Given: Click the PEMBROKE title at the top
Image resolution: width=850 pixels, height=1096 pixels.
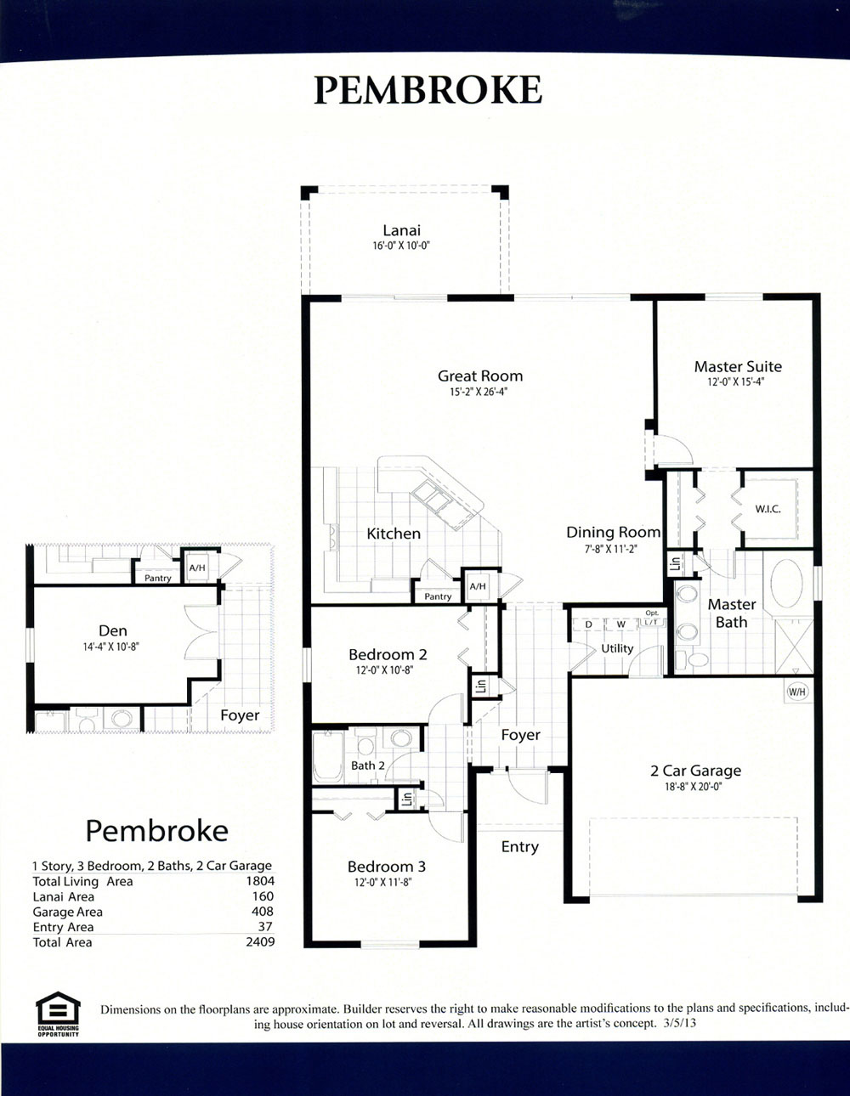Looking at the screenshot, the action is click(428, 90).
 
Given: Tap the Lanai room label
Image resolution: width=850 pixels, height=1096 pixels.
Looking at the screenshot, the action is click(401, 230).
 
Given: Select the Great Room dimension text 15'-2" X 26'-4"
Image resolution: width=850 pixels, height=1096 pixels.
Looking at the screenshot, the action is click(479, 392).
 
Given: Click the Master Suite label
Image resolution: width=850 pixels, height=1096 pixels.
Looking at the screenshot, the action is click(738, 367).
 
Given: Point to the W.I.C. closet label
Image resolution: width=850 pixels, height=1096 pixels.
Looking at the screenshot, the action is click(768, 510).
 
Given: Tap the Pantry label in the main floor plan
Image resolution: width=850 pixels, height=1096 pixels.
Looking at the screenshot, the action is click(438, 596).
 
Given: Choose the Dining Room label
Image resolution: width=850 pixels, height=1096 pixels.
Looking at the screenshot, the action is click(613, 532).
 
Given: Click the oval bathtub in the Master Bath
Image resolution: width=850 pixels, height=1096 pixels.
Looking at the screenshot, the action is click(786, 584).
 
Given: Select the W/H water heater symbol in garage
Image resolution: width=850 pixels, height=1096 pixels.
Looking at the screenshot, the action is click(797, 692).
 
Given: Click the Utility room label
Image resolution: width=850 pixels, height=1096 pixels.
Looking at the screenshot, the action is click(617, 648).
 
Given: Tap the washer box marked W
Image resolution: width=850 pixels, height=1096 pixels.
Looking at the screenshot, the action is click(621, 624).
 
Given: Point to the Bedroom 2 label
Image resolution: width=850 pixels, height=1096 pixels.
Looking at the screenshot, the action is click(388, 655).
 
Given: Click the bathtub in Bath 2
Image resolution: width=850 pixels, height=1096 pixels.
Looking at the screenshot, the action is click(328, 756).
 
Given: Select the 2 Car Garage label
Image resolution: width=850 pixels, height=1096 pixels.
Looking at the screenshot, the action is click(695, 771).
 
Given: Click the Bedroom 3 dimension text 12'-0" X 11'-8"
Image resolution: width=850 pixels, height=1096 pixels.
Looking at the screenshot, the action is click(383, 882).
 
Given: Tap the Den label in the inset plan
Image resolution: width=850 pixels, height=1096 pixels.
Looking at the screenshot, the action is click(113, 630).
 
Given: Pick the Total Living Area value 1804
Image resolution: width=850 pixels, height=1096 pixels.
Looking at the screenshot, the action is click(260, 881).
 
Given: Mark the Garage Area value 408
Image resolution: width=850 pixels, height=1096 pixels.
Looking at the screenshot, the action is click(263, 912).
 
